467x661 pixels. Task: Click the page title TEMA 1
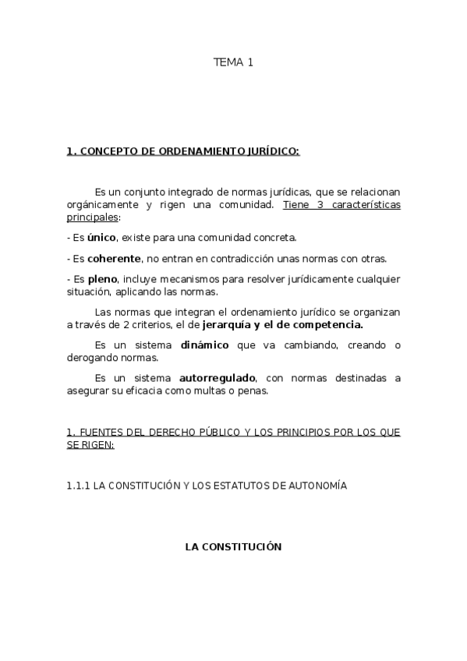coord(233,63)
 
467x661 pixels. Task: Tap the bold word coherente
coord(114,258)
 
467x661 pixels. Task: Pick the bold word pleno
coord(101,279)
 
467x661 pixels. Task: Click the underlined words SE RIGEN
coord(90,444)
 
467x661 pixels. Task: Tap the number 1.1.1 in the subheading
coord(78,486)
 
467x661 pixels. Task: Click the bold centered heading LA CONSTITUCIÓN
coord(232,547)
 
